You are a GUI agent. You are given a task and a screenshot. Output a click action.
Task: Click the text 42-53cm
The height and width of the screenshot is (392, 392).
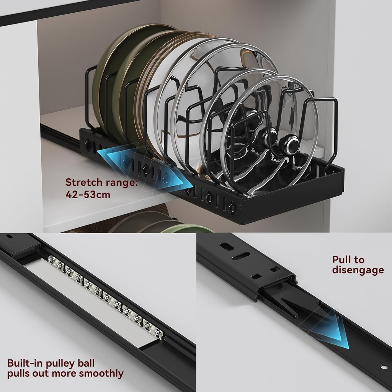(88, 194)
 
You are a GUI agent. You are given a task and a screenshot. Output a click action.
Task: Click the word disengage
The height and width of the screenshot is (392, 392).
(358, 270)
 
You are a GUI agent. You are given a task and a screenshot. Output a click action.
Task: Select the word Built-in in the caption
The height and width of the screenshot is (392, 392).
(24, 363)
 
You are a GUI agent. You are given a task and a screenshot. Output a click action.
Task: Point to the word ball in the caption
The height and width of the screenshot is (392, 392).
(85, 363)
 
